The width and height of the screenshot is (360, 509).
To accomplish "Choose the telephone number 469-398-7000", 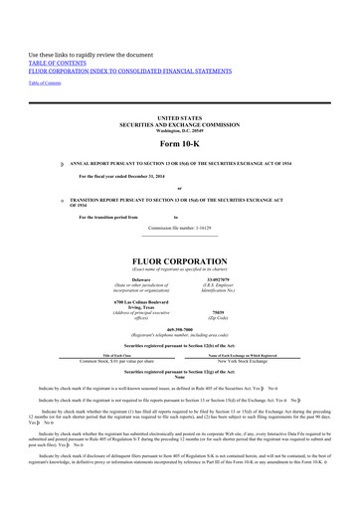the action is [x=179, y=335].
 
